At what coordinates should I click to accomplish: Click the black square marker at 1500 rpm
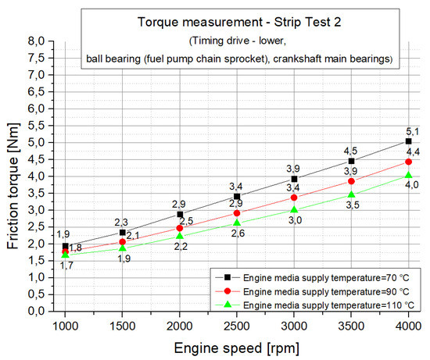point(123,233)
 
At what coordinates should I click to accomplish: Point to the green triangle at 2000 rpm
point(180,236)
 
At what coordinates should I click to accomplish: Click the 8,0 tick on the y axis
point(48,41)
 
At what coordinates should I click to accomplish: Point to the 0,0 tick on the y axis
point(48,311)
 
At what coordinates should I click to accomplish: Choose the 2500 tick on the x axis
point(237,324)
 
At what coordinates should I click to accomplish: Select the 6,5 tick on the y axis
point(48,91)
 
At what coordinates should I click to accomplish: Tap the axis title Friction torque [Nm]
point(14,176)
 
